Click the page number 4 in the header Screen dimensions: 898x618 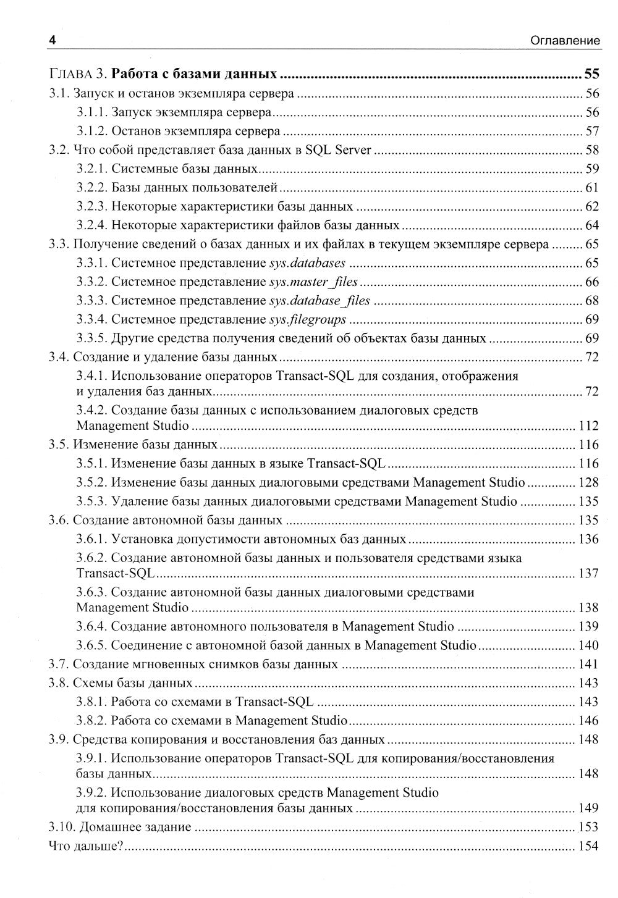pyautogui.click(x=53, y=41)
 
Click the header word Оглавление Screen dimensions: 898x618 pyautogui.click(x=565, y=41)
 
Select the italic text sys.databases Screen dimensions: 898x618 pyautogui.click(x=307, y=263)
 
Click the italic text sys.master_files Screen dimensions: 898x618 pyautogui.click(x=313, y=282)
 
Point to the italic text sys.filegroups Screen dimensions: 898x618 pyautogui.click(x=308, y=320)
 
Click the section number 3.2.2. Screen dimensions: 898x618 pyautogui.click(x=93, y=188)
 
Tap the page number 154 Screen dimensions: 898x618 pyautogui.click(x=588, y=846)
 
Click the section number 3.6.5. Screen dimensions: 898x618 pyautogui.click(x=93, y=645)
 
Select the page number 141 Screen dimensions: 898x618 pyautogui.click(x=588, y=665)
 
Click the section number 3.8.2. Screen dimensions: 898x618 pyautogui.click(x=93, y=721)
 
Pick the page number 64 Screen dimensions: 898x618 pyautogui.click(x=591, y=225)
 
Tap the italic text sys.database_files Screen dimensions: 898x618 pyautogui.click(x=320, y=301)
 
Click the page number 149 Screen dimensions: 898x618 pyautogui.click(x=588, y=808)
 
